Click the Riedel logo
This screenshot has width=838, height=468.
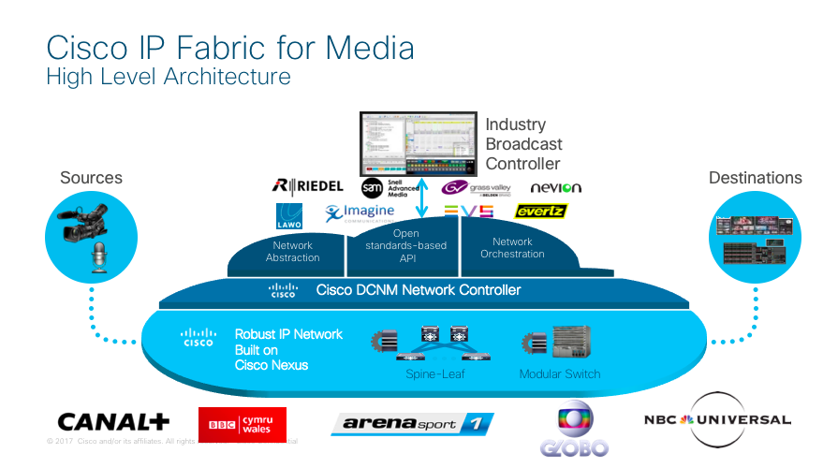point(307,185)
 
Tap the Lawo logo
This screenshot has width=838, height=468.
point(288,216)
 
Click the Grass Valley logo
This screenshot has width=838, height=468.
point(476,188)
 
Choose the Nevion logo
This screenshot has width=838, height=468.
point(555,187)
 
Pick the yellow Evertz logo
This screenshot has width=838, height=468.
point(541,212)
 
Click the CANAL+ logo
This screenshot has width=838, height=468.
point(113,422)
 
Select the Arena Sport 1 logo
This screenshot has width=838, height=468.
point(411,423)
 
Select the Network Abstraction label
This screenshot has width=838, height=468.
point(293,252)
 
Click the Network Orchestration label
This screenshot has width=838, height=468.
point(512,248)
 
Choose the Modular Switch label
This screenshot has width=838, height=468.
point(560,374)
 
